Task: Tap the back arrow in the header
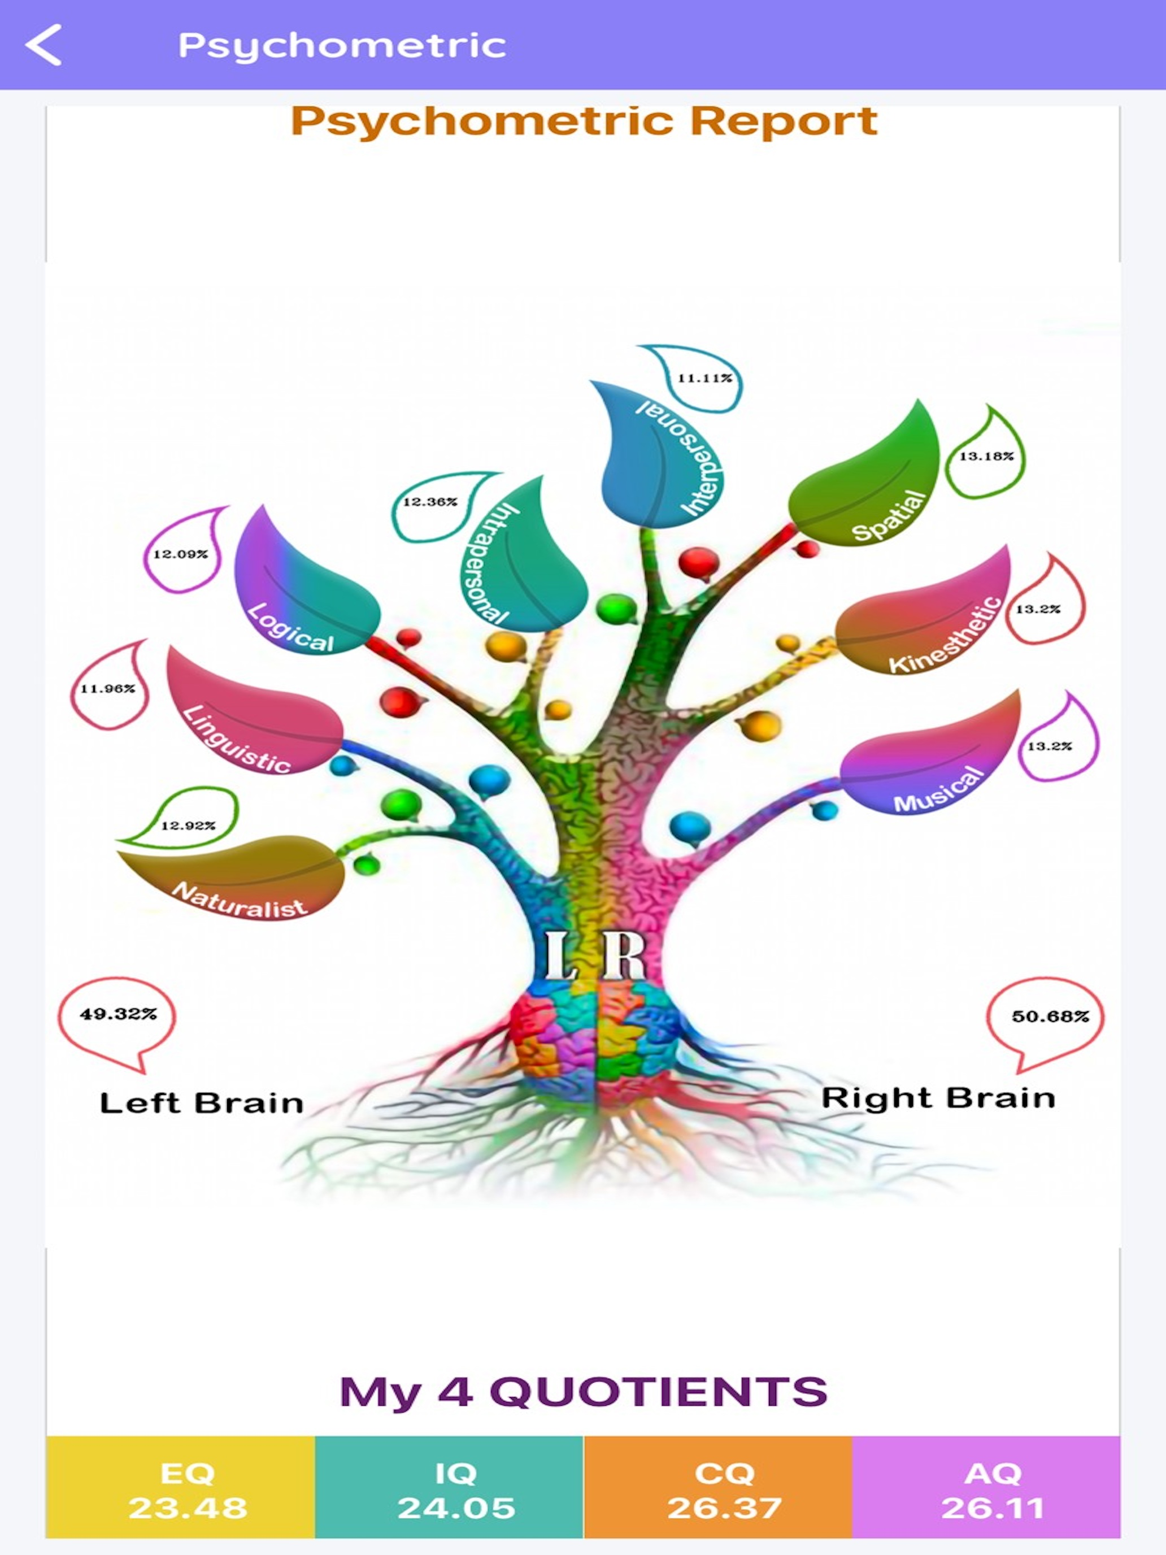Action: click(43, 45)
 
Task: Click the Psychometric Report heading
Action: click(584, 121)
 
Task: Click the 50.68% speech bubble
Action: click(1046, 1019)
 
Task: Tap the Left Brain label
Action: click(201, 1104)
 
